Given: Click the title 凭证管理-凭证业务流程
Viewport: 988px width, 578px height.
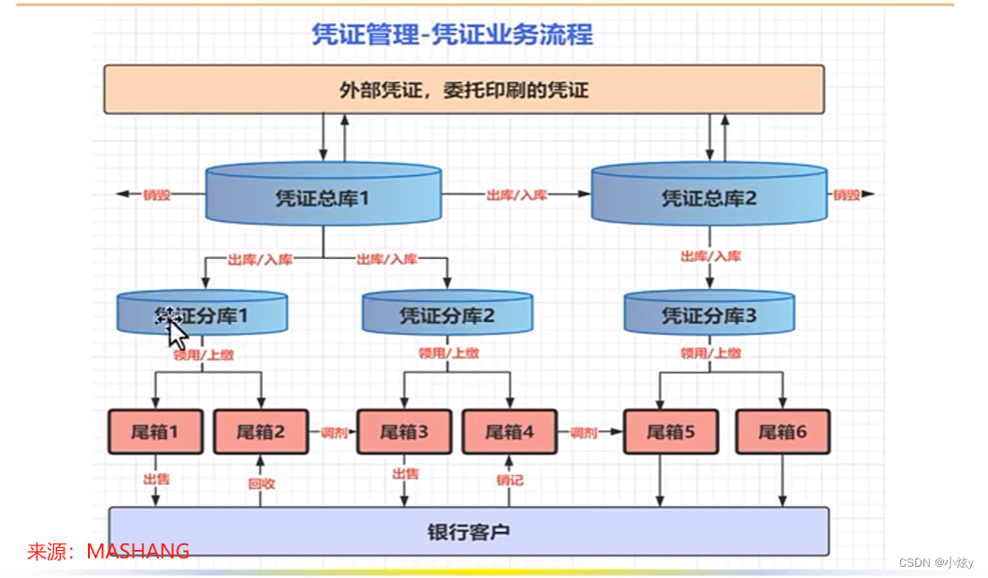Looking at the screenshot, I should pos(452,35).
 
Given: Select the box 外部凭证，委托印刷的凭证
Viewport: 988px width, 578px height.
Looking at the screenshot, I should pos(463,90).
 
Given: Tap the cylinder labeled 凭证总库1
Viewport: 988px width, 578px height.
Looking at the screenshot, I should pos(323,196).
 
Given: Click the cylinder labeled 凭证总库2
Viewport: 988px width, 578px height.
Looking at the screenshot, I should pos(709,196).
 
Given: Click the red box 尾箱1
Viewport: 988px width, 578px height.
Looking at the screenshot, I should pos(155,431).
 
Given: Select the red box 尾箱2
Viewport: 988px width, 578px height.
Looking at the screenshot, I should pos(261,431).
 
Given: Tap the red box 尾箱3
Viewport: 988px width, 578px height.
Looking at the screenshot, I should pos(404,431).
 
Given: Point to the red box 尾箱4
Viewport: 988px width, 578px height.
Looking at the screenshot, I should pos(509,431).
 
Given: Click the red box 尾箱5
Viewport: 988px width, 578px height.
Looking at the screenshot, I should pos(670,431).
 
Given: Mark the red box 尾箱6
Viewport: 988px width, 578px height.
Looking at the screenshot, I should pos(782,431).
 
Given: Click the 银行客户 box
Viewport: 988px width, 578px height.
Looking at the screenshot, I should pos(468,532).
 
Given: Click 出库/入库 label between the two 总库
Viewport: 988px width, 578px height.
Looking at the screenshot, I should pos(516,195).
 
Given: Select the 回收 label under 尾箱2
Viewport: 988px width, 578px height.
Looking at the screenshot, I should pos(261,484).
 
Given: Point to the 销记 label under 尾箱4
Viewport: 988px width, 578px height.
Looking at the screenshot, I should pos(509,480).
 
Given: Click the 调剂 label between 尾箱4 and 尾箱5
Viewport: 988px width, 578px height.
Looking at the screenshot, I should pos(583,433).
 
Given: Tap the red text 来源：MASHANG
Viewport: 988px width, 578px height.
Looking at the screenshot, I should pos(109,552).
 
